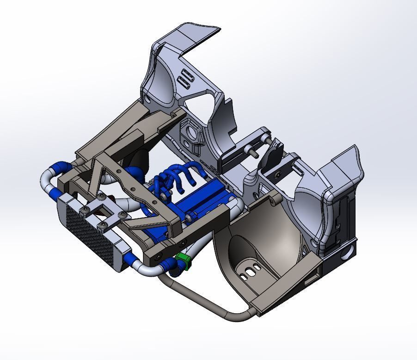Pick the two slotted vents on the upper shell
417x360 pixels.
(185, 79)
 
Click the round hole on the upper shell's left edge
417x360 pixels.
(147, 99)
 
